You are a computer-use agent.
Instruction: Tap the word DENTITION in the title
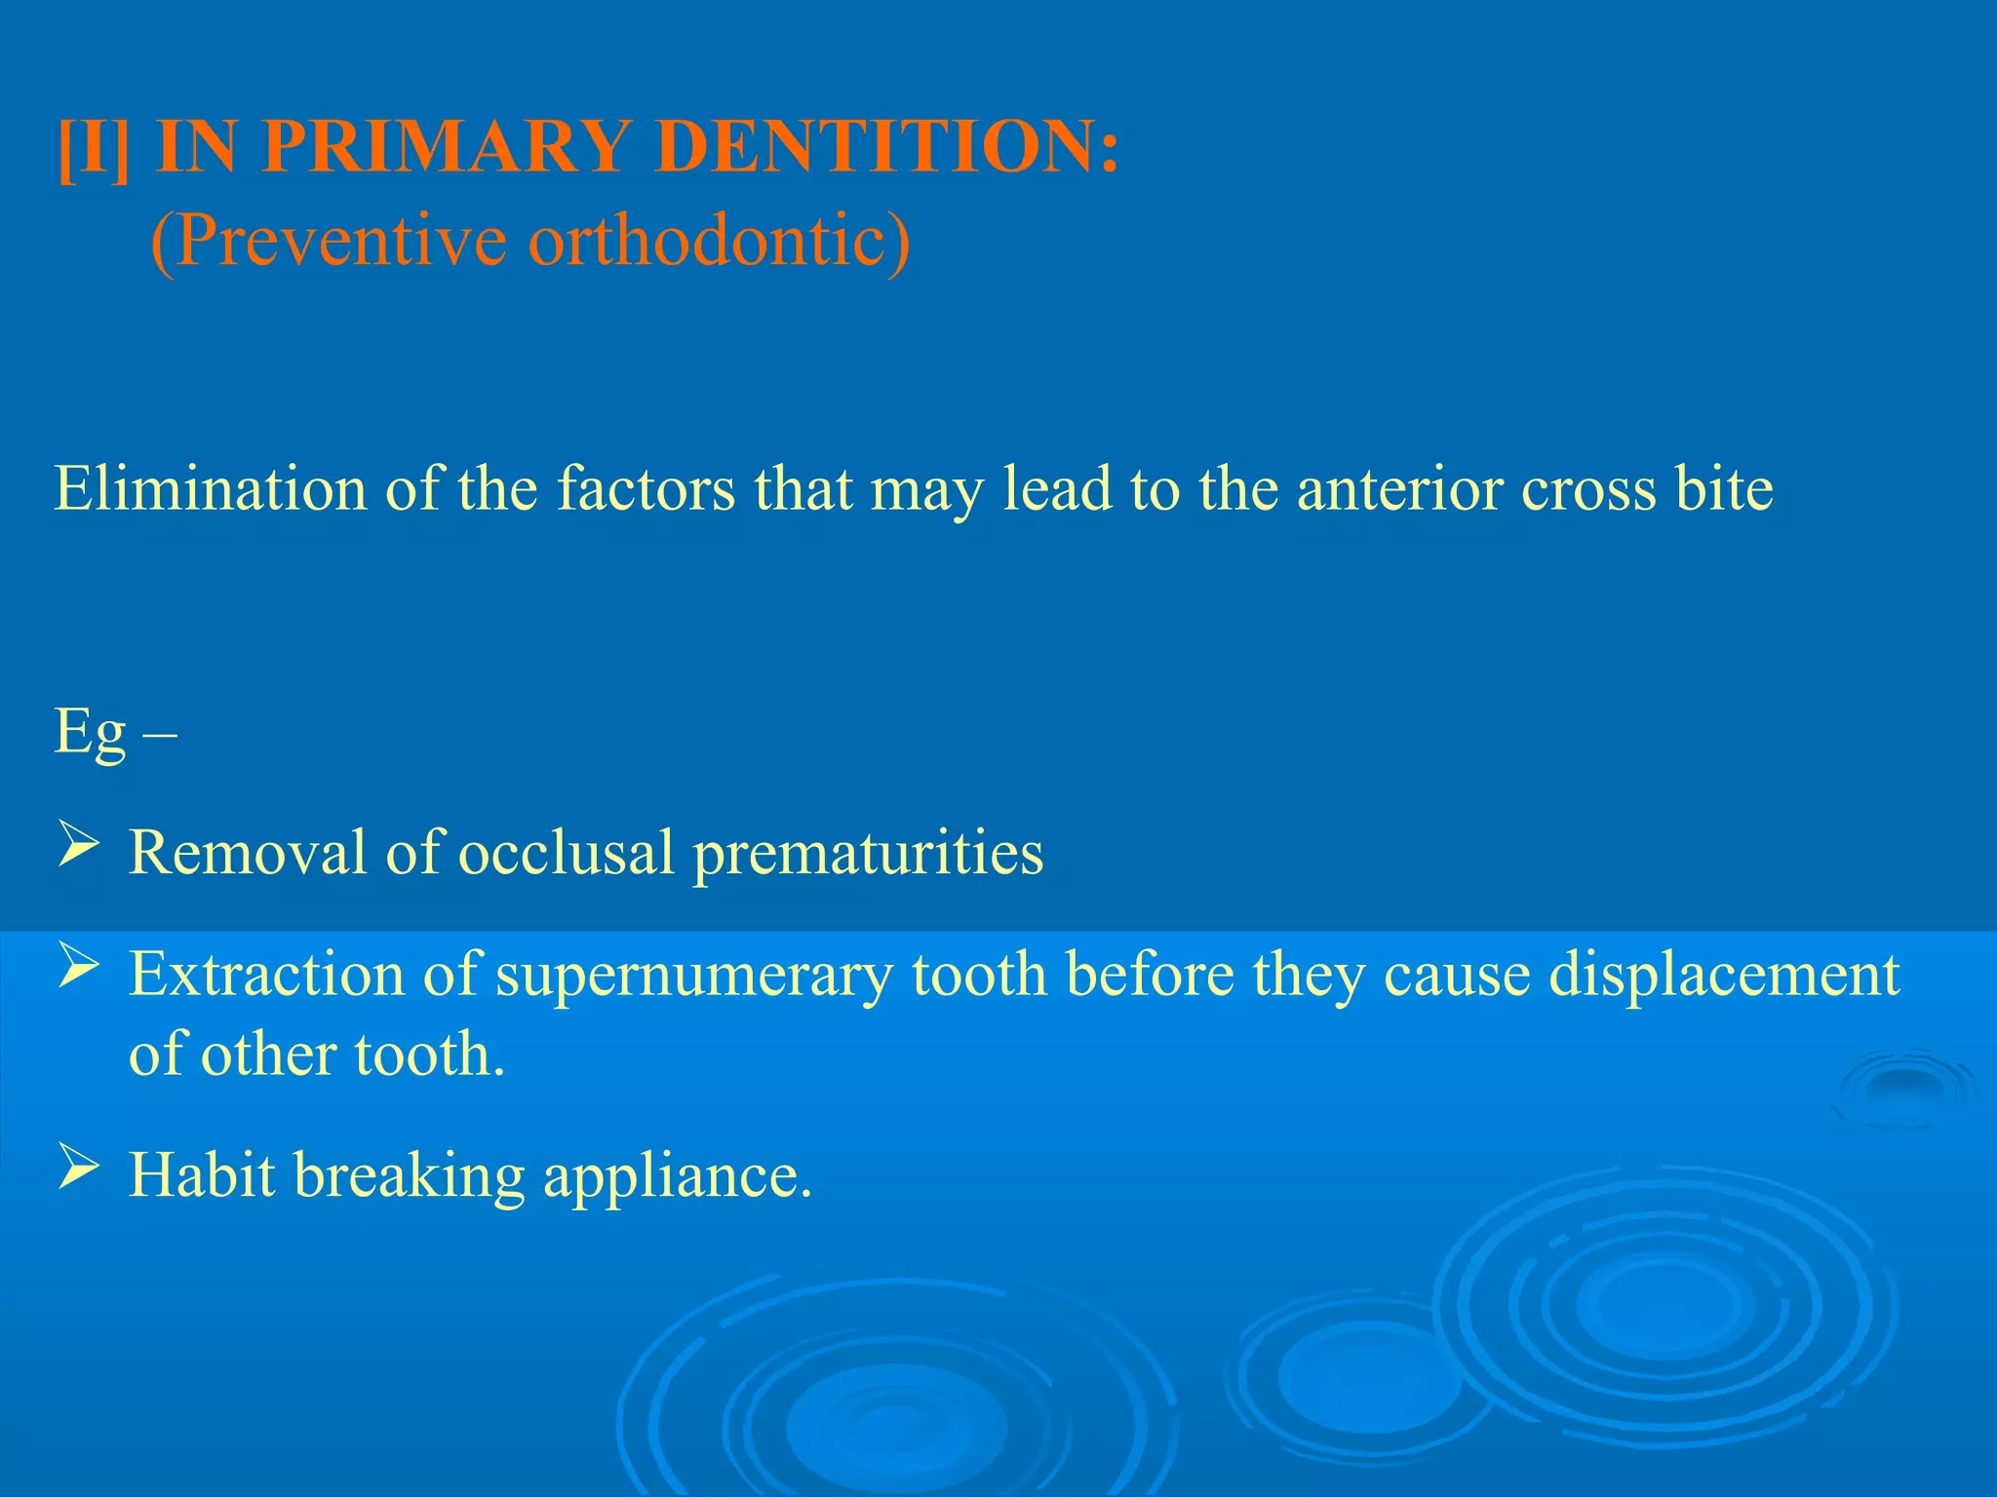(887, 146)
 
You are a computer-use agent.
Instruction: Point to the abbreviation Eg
(91, 733)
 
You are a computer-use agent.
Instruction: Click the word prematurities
(868, 854)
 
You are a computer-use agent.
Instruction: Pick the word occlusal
(566, 852)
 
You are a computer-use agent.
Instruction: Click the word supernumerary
(693, 975)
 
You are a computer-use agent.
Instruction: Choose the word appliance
(677, 1176)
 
